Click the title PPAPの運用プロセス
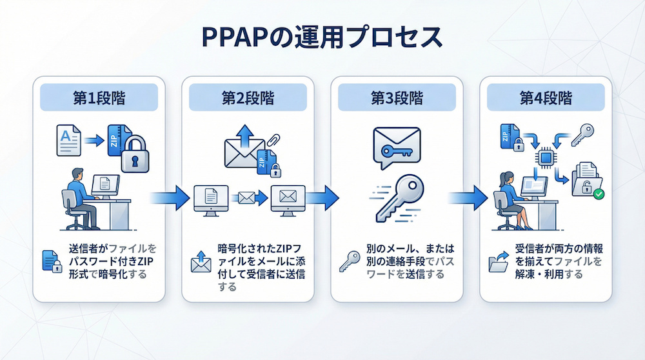coord(322,37)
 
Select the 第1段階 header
coord(99,98)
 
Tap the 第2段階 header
coord(248,98)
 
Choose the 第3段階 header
coord(397,98)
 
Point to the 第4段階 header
coord(546,98)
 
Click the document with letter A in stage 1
coord(68,140)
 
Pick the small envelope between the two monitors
coord(247,197)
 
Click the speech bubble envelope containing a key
coord(396,146)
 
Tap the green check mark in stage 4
coord(599,193)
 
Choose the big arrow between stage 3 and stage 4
coord(468,197)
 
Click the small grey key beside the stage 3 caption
coord(350,261)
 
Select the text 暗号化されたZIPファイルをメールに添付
coord(261,255)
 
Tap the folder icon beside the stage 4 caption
coord(499,262)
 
